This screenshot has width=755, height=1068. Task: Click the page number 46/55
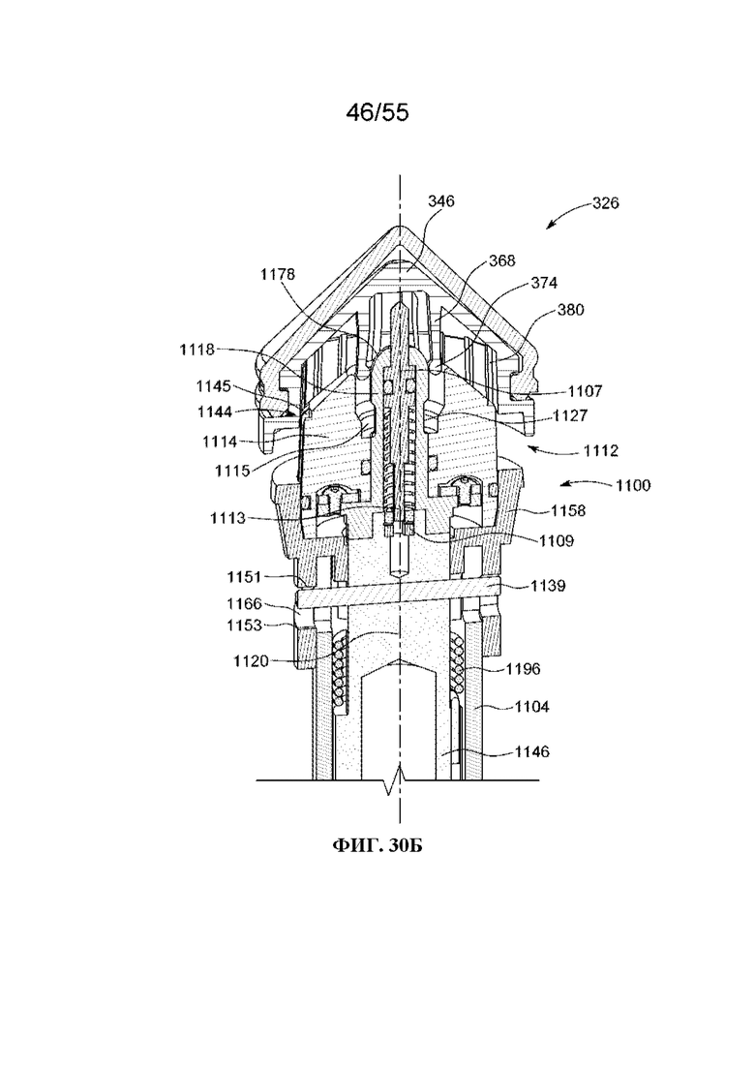tap(377, 113)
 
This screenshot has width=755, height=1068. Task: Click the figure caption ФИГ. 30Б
tap(377, 846)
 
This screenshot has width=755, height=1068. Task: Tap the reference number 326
tap(605, 203)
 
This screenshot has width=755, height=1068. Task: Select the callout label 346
tap(441, 201)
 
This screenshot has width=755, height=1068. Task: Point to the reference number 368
tap(501, 260)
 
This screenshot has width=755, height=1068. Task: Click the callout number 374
tap(544, 283)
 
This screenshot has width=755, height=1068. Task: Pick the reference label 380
tap(570, 309)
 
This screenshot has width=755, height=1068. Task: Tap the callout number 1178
tap(278, 274)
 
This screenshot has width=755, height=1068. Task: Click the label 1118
tap(196, 350)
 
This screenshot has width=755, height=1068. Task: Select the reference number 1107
tap(585, 391)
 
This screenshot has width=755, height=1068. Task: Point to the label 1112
tap(600, 450)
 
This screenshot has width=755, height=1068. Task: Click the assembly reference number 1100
tap(633, 485)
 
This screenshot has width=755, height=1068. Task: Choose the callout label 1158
tap(568, 510)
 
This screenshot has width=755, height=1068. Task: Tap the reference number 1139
tap(548, 585)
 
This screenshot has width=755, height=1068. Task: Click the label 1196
tap(523, 669)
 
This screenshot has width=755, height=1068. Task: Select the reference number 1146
tap(531, 751)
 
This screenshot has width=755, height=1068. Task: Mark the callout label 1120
tap(252, 660)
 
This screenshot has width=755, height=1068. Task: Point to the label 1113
tap(227, 518)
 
